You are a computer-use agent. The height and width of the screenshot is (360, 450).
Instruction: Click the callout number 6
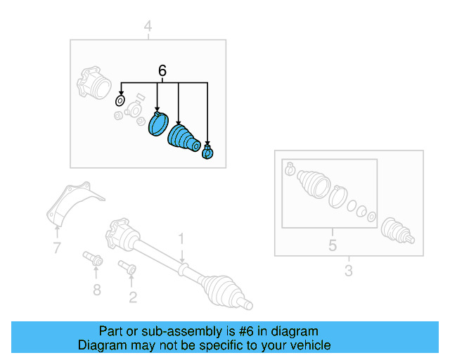[x=162, y=70]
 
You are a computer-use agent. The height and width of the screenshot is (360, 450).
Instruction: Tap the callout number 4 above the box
[x=148, y=27]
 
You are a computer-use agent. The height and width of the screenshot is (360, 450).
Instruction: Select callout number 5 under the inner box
[x=333, y=245]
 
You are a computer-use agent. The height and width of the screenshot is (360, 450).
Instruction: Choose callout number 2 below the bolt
[x=132, y=297]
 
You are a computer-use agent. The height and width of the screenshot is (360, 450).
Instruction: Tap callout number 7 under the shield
[x=56, y=247]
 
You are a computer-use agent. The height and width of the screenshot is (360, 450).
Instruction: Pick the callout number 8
[x=97, y=289]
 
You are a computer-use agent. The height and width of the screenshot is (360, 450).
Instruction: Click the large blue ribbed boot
[x=184, y=138]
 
